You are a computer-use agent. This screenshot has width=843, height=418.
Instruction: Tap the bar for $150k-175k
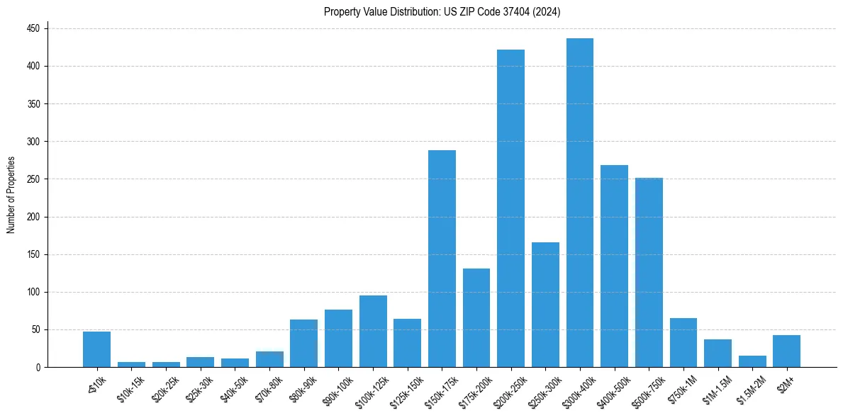[442, 259]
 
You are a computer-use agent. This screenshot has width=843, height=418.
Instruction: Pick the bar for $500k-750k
[649, 272]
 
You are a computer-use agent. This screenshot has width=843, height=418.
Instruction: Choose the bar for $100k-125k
[373, 332]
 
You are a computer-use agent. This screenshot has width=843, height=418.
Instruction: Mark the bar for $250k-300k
[545, 305]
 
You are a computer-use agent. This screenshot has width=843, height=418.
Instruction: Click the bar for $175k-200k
[476, 317]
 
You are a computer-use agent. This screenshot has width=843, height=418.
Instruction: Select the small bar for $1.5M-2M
[752, 361]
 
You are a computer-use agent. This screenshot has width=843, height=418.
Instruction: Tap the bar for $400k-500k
[614, 266]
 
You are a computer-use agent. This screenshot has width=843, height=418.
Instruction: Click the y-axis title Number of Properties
[11, 195]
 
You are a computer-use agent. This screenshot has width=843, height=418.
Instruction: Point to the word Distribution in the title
[407, 12]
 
